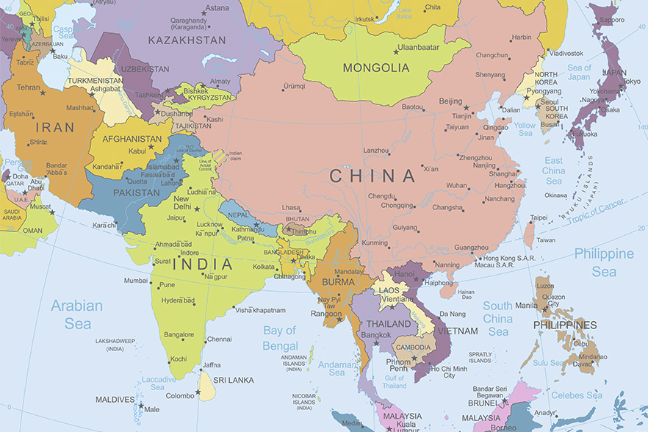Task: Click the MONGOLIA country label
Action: click(375, 68)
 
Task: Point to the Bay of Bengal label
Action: click(281, 338)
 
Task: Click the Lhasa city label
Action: click(291, 208)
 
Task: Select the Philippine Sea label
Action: click(604, 262)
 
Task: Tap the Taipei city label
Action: click(539, 217)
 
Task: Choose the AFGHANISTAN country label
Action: click(132, 139)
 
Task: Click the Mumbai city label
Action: click(135, 280)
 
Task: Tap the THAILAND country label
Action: click(389, 324)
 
